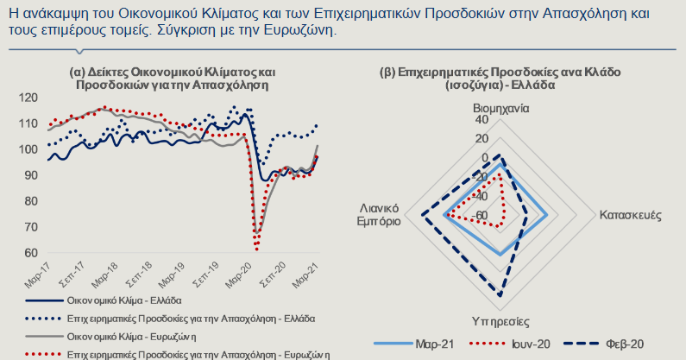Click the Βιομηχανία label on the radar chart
pyautogui.click(x=500, y=110)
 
